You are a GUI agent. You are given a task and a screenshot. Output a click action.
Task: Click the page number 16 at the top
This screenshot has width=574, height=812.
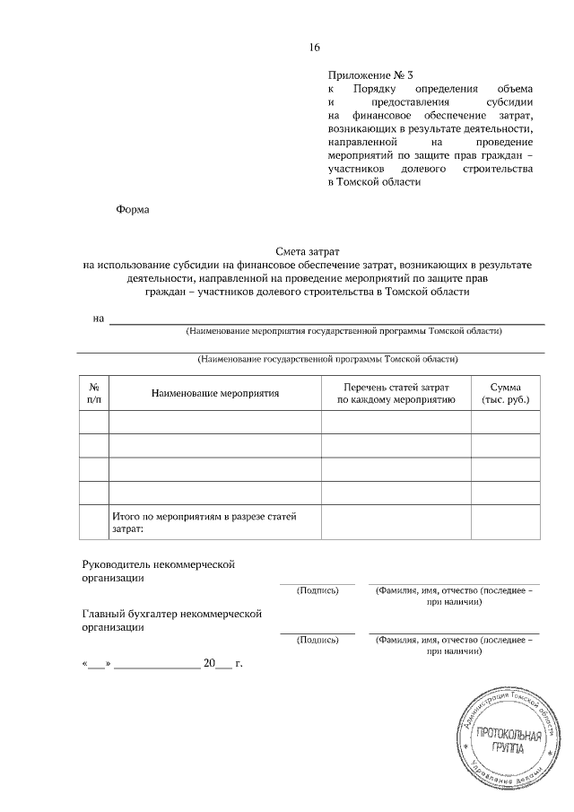click(314, 48)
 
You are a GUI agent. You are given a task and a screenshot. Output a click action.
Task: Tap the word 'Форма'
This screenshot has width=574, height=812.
click(133, 210)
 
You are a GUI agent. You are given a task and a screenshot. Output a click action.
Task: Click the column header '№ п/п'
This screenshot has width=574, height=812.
click(94, 393)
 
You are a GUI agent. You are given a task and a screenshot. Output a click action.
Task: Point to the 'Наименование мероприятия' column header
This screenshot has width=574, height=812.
click(215, 393)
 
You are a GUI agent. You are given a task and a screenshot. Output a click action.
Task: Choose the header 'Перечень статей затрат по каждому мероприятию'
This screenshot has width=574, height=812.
click(396, 393)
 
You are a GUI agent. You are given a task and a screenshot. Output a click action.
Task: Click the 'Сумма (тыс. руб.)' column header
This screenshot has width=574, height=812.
click(506, 393)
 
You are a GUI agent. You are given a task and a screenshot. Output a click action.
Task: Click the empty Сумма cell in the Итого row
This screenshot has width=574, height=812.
click(506, 522)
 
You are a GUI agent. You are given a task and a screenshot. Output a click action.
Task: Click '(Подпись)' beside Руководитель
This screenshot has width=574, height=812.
click(317, 591)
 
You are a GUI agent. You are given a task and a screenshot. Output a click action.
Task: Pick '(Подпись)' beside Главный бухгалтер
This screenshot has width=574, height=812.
click(317, 641)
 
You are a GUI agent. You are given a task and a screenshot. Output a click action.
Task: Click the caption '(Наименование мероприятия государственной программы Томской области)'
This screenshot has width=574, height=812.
click(344, 330)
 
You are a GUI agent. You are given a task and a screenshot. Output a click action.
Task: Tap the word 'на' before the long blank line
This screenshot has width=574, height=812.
click(99, 319)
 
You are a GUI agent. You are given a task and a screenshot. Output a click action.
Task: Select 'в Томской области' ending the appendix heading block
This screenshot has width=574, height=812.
click(374, 182)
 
